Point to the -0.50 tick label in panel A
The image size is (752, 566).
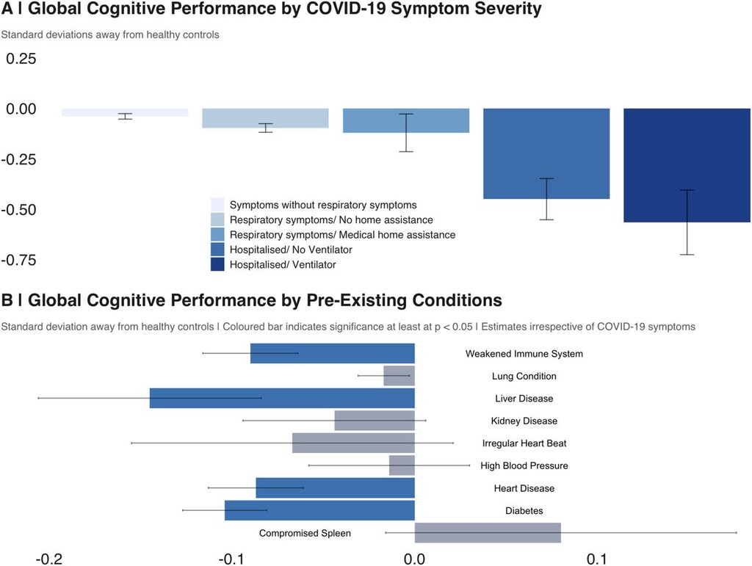pyautogui.click(x=23, y=210)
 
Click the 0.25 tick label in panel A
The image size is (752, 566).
pyautogui.click(x=21, y=59)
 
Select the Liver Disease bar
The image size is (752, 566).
pyautogui.click(x=282, y=398)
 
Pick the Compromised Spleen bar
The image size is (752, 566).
pyautogui.click(x=488, y=533)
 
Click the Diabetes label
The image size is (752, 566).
pyautogui.click(x=524, y=510)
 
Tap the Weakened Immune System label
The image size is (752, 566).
pyautogui.click(x=524, y=354)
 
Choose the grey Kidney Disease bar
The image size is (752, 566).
pyautogui.click(x=375, y=421)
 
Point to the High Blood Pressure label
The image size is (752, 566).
pyautogui.click(x=524, y=465)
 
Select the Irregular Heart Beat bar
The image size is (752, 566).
pyautogui.click(x=353, y=443)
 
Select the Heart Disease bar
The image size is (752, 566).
pyautogui.click(x=335, y=487)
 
